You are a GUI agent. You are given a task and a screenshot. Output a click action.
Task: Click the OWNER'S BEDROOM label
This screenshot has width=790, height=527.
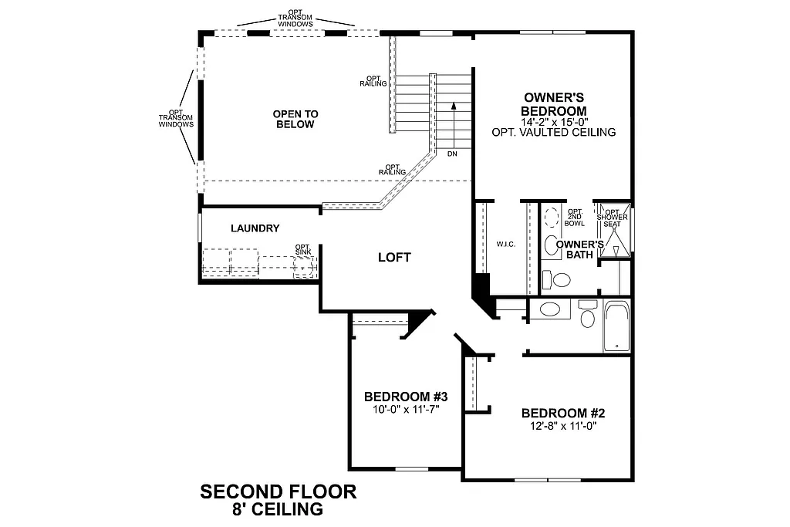(x=553, y=104)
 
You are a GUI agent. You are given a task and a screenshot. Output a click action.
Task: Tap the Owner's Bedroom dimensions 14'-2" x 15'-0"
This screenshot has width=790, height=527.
(x=553, y=122)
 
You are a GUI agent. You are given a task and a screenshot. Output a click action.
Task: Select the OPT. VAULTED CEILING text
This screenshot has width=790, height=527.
(x=553, y=132)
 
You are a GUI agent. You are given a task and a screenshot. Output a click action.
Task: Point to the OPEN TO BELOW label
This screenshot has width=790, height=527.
(x=295, y=119)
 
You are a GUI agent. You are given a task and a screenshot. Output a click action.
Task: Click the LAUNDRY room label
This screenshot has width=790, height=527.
(x=255, y=228)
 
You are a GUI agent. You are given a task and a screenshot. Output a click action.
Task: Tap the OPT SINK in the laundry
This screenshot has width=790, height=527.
(x=304, y=266)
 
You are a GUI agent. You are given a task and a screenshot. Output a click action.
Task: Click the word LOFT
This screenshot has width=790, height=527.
(x=394, y=257)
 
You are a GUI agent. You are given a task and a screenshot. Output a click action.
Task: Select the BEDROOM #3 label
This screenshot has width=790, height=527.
(x=406, y=397)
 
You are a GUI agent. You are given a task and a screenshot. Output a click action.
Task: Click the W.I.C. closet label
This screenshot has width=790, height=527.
(x=505, y=245)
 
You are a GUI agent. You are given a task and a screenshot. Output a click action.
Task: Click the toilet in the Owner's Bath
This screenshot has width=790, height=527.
(x=552, y=246)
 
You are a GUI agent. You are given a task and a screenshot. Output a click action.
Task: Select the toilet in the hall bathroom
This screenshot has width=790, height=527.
(x=586, y=318)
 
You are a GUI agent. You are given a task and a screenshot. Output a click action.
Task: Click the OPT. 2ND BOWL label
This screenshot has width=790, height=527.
(x=575, y=217)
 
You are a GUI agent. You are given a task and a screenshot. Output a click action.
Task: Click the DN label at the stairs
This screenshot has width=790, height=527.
(x=452, y=154)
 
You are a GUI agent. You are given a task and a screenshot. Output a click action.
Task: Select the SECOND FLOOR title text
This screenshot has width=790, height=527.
(x=278, y=492)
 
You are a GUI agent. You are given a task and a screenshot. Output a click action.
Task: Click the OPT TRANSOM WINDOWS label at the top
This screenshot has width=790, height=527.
(x=296, y=19)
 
